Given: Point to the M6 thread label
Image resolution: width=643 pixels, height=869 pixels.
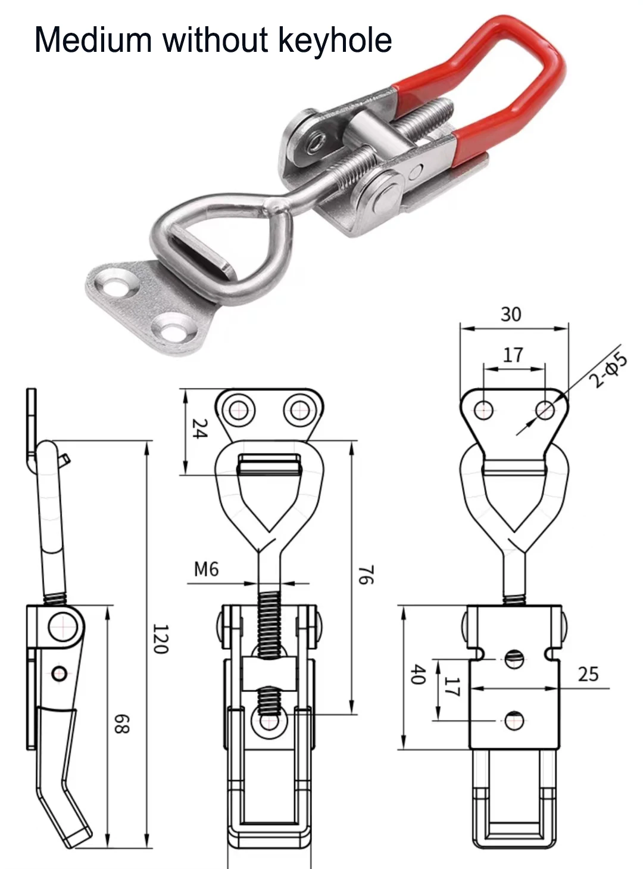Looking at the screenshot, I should pyautogui.click(x=206, y=569).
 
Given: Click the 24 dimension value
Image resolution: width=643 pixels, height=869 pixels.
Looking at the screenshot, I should pyautogui.click(x=200, y=429).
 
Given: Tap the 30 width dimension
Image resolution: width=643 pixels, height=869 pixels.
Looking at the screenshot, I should pyautogui.click(x=511, y=314).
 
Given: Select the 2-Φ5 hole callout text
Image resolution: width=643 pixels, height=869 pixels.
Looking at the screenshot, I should pyautogui.click(x=610, y=370).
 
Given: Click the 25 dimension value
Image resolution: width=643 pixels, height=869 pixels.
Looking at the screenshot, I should pyautogui.click(x=588, y=674).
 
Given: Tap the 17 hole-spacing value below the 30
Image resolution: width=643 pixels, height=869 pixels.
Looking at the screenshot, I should pyautogui.click(x=513, y=355).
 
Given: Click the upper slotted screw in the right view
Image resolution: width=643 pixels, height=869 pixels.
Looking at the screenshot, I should pyautogui.click(x=514, y=659).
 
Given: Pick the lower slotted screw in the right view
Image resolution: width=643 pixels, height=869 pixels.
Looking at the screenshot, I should pyautogui.click(x=514, y=721).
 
